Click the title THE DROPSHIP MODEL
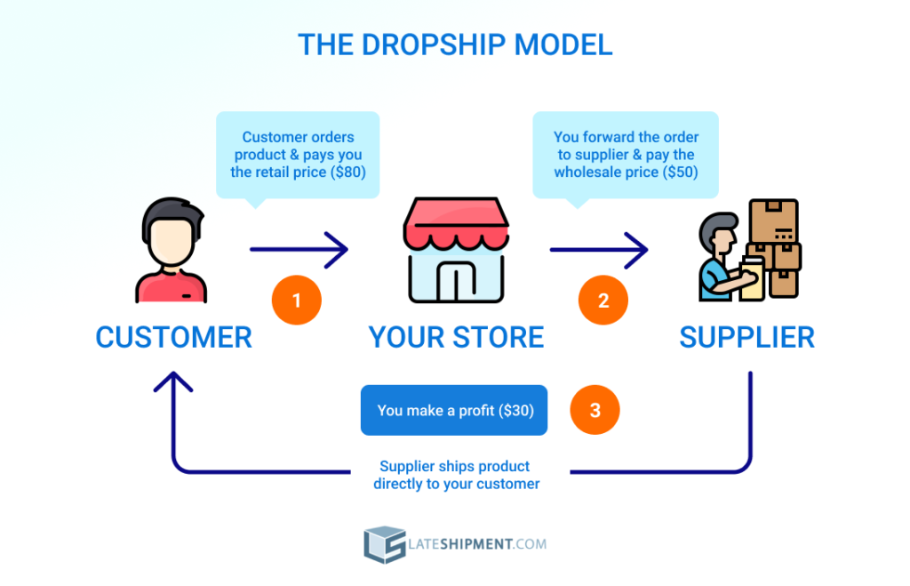pos(455,44)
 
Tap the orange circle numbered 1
pos(296,301)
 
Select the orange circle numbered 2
pos(603,301)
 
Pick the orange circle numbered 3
pos(595,410)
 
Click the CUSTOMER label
pos(174,338)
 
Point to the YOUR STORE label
pos(456,338)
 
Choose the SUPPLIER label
pos(746,338)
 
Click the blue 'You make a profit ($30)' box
pos(453,410)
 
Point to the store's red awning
pos(455,223)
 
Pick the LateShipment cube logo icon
pos(384,544)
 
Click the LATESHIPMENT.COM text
pos(479,544)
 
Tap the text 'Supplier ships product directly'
pos(455,466)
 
